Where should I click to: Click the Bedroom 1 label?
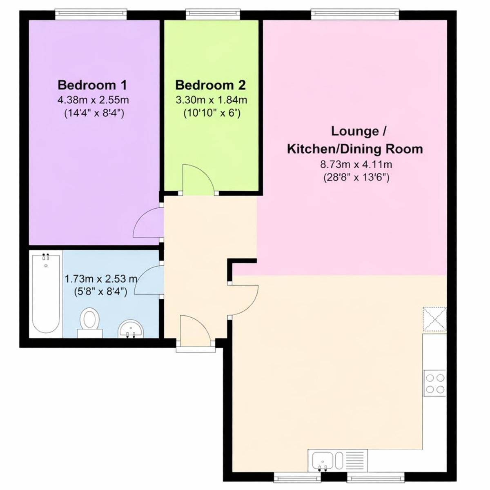(x=92, y=85)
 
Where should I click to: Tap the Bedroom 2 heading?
(x=211, y=85)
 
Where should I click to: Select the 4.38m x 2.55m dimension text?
(x=93, y=100)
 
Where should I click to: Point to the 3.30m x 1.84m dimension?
(x=211, y=100)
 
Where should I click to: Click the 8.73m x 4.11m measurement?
(x=356, y=165)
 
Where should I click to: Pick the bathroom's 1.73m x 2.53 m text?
(x=101, y=279)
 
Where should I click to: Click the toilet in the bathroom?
(x=89, y=323)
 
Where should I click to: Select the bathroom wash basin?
(x=131, y=329)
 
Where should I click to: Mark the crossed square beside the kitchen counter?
(x=434, y=319)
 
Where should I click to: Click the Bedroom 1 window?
(x=91, y=14)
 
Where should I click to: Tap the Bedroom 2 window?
(x=213, y=14)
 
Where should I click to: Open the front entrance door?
(x=195, y=331)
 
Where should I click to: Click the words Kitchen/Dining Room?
(x=355, y=149)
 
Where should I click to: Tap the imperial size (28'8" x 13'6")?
(x=356, y=177)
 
